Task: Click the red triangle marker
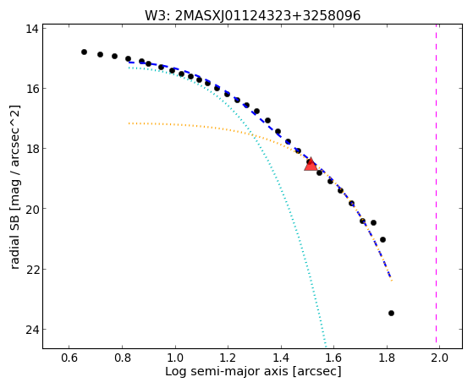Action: (311, 164)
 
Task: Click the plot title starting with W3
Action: (252, 16)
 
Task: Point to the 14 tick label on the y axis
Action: (31, 29)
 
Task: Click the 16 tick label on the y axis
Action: (31, 89)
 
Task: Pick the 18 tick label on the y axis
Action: (31, 149)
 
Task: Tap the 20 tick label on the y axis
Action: (31, 209)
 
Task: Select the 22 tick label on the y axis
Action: (31, 269)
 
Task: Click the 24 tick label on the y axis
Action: (31, 330)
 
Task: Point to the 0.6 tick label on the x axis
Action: (69, 358)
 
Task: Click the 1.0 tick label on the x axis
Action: (175, 358)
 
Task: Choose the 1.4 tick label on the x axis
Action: (281, 358)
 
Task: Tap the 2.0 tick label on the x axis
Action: (439, 358)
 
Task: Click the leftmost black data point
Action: (84, 52)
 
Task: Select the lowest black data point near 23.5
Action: (391, 314)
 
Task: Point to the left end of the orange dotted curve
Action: (129, 123)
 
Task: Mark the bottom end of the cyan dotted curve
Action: (326, 347)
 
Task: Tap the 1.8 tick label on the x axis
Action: (387, 358)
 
